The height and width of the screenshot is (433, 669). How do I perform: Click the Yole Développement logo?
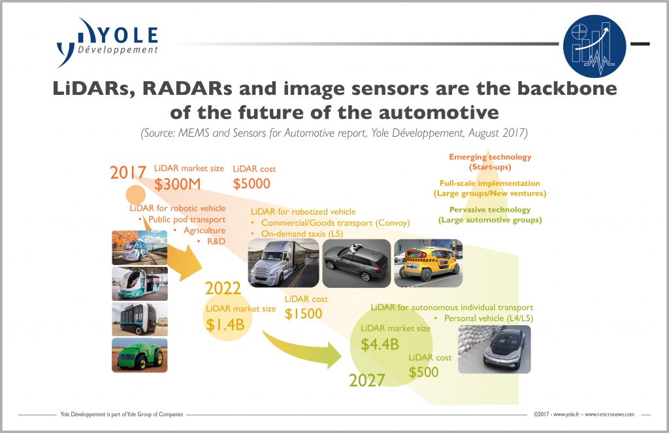point(107,43)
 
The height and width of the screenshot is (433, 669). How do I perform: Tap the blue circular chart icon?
point(595,46)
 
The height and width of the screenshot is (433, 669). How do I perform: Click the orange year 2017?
point(128,173)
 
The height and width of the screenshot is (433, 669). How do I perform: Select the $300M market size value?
point(177,184)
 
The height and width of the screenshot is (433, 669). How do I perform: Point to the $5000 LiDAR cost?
point(252,184)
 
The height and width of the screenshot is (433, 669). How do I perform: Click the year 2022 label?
point(223,288)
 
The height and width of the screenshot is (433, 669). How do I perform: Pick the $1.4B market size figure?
point(225,324)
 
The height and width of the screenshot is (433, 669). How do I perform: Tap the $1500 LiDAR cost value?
point(303,314)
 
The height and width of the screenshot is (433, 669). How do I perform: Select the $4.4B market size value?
point(380,344)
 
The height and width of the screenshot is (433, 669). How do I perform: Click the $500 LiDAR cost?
point(423,372)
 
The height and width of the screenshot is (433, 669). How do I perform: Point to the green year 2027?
point(367,380)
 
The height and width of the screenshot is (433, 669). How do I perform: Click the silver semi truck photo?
point(284,263)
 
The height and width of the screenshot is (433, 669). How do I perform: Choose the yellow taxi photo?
point(429,263)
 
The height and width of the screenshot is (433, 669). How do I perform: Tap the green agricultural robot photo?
point(140,355)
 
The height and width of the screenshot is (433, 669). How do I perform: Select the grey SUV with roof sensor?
point(356,263)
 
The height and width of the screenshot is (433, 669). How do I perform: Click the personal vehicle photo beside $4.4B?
point(495,349)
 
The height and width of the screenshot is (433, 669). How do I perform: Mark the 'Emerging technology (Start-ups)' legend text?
point(490,162)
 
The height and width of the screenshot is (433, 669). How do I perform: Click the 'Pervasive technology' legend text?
point(490,210)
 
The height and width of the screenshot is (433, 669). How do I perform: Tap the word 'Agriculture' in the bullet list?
point(204,231)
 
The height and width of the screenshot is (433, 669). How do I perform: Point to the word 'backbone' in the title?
point(567,88)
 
